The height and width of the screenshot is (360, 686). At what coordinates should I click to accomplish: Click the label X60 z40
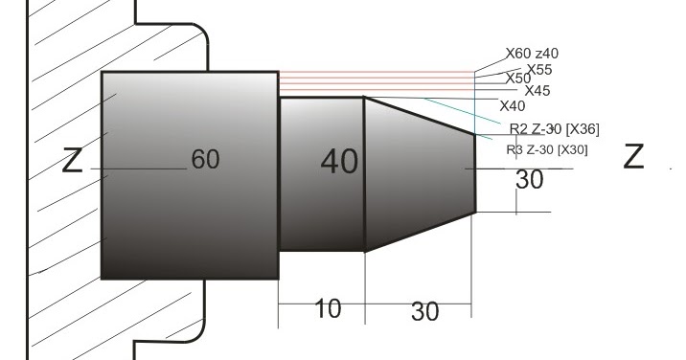click(533, 55)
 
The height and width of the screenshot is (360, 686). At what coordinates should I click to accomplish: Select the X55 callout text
click(538, 70)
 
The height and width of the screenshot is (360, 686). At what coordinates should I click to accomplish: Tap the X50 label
click(517, 79)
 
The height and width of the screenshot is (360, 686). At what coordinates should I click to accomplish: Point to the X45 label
click(537, 91)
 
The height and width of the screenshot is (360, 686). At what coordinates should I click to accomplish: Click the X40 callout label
click(513, 104)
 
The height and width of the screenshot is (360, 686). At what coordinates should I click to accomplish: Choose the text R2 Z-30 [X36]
click(554, 129)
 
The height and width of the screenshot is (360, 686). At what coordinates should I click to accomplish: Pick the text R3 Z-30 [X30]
click(546, 149)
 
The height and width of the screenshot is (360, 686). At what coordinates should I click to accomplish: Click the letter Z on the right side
click(633, 156)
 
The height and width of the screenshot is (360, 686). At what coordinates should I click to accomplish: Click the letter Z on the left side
click(72, 160)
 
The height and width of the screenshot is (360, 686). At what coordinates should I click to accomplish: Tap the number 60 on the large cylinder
click(205, 160)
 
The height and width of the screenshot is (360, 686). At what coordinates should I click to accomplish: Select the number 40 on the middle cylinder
click(339, 162)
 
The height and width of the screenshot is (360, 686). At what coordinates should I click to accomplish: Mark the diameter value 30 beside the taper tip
click(529, 179)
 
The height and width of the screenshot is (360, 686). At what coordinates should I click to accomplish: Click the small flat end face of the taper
click(475, 172)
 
